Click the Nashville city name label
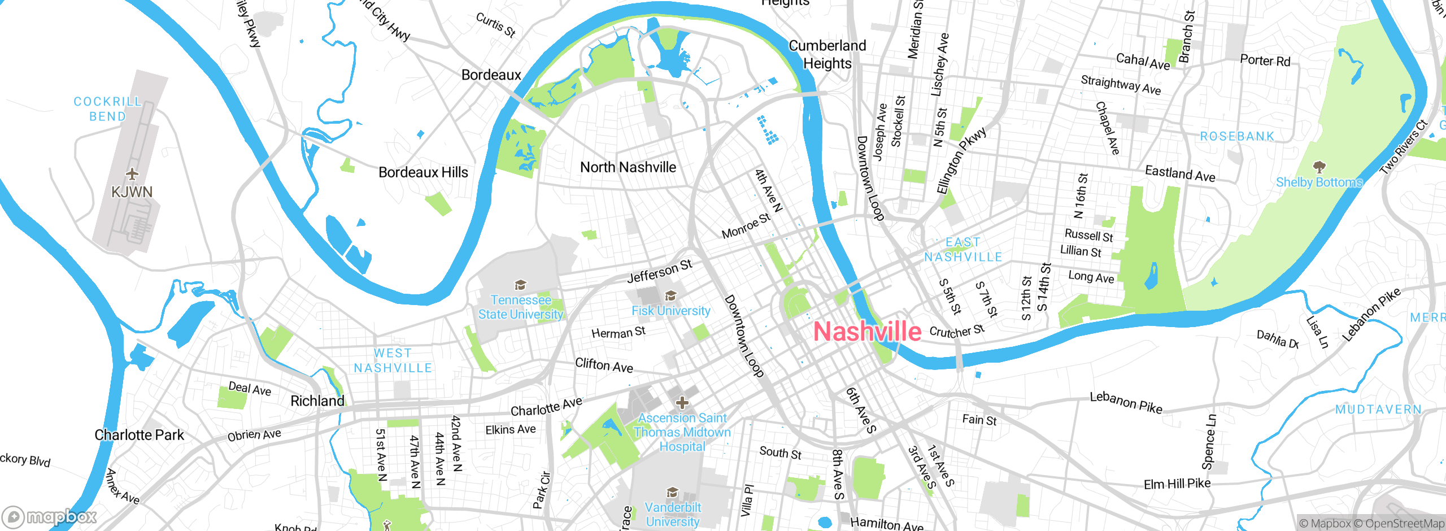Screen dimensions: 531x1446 pyautogui.click(x=867, y=332)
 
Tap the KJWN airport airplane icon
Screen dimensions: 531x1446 pyautogui.click(x=132, y=173)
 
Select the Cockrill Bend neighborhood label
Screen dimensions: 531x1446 pyautogui.click(x=107, y=109)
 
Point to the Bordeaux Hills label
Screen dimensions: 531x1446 pyautogui.click(x=423, y=172)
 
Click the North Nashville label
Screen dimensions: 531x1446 pyautogui.click(x=628, y=167)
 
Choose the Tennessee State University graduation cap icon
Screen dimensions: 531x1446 pyautogui.click(x=520, y=285)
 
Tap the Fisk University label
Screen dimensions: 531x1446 pyautogui.click(x=670, y=311)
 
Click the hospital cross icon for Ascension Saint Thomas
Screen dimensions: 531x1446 pyautogui.click(x=682, y=403)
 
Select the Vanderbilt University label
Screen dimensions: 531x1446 pyautogui.click(x=673, y=515)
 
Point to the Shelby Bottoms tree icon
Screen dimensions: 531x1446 pyautogui.click(x=1319, y=167)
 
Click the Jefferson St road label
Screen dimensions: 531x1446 pyautogui.click(x=659, y=272)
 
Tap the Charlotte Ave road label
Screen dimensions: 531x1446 pyautogui.click(x=546, y=407)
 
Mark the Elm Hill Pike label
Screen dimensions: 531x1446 pyautogui.click(x=1177, y=484)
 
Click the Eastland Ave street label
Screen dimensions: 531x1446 pyautogui.click(x=1180, y=173)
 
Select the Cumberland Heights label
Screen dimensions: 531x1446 pyautogui.click(x=827, y=54)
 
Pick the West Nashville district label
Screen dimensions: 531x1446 pyautogui.click(x=393, y=360)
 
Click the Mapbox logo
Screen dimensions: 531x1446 pyautogui.click(x=50, y=517)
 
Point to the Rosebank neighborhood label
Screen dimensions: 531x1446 pyautogui.click(x=1237, y=137)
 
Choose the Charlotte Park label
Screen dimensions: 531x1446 pyautogui.click(x=139, y=435)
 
